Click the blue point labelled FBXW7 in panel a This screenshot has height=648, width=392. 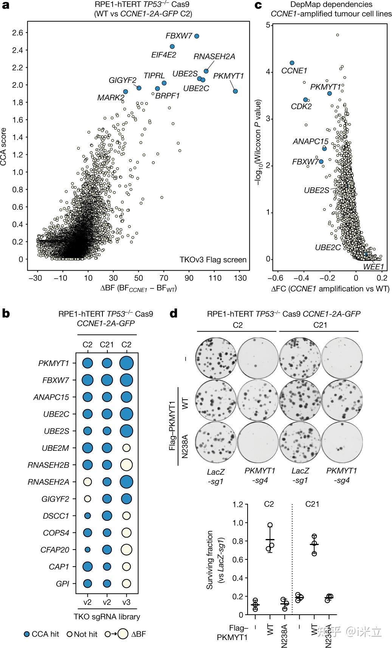[197, 36]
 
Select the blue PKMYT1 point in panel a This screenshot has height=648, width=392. [235, 91]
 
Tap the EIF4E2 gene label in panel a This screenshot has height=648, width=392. [164, 55]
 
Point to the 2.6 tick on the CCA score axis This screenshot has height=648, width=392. [17, 33]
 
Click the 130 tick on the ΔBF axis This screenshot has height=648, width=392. [240, 278]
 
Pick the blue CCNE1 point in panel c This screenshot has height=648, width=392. [292, 63]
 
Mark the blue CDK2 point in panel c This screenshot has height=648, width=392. [305, 100]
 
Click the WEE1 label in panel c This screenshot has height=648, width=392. [373, 267]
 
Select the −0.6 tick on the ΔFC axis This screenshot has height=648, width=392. [277, 278]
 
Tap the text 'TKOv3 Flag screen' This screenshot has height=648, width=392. [213, 260]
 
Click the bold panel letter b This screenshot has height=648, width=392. [6, 313]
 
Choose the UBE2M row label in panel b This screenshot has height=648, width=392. [56, 448]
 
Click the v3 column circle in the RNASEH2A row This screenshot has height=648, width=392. [127, 482]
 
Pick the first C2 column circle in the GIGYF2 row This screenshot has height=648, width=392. [87, 499]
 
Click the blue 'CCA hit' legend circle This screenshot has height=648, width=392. [26, 634]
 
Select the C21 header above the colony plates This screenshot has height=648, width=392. [320, 325]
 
